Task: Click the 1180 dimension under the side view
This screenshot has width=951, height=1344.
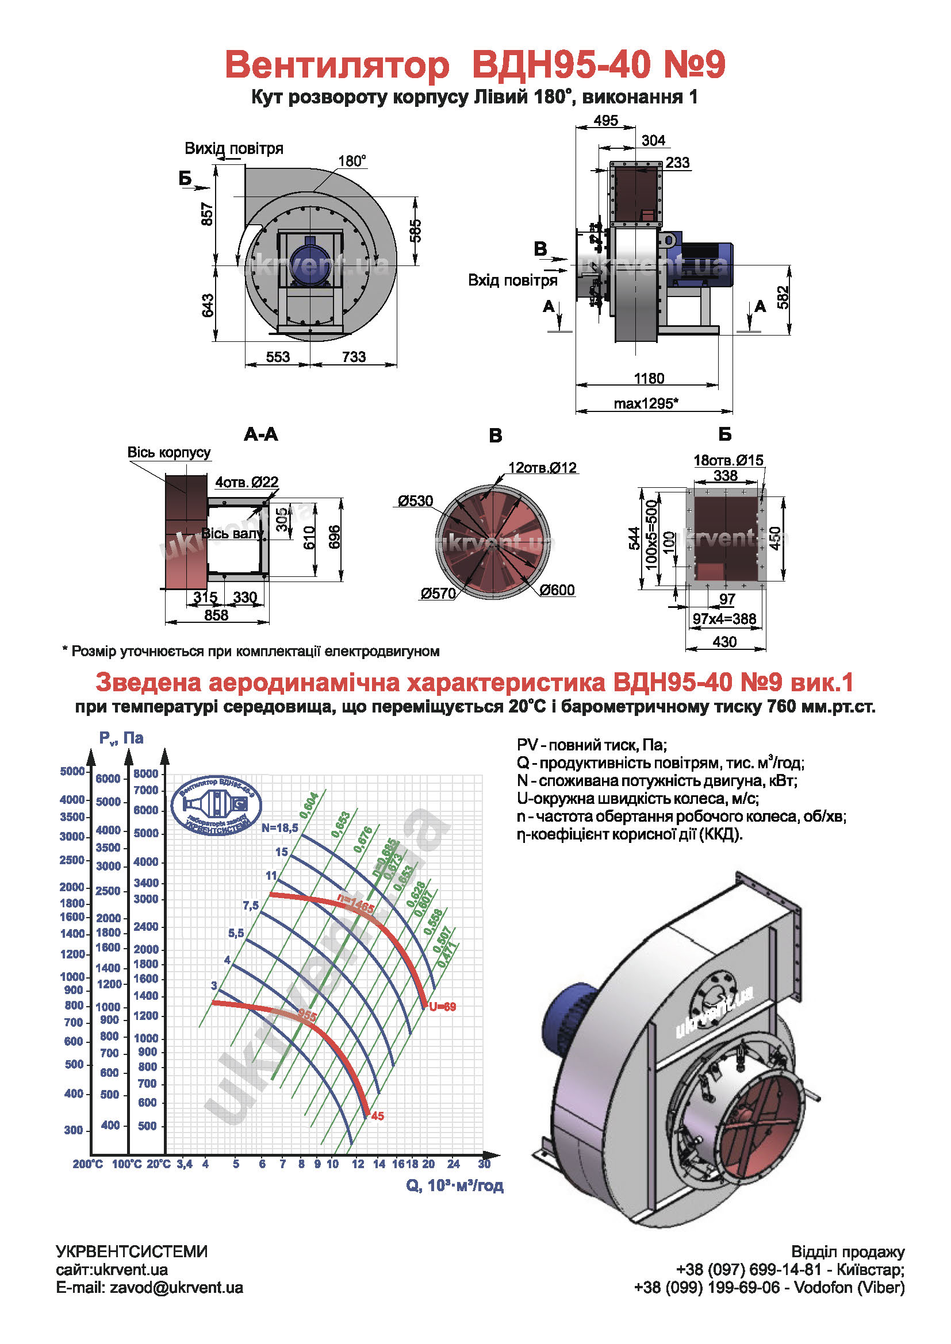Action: point(648,378)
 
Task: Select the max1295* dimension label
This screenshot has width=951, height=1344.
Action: point(646,403)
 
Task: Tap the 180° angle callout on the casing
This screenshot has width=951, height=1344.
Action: point(352,161)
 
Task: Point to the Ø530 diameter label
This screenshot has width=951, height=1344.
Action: point(415,501)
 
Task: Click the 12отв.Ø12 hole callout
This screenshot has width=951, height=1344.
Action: point(542,468)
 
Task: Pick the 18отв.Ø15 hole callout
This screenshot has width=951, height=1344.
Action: point(728,460)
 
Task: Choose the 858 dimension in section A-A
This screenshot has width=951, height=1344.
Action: point(216,615)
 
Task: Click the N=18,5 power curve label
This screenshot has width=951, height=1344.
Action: point(280,827)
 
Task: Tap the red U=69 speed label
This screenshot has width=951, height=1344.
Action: point(442,1007)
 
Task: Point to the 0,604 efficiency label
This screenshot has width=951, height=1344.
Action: point(309,805)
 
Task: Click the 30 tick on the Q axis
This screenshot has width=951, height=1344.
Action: point(484,1164)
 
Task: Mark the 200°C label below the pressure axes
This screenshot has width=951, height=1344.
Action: point(88,1164)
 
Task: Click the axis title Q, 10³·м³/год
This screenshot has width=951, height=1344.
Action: point(454,1185)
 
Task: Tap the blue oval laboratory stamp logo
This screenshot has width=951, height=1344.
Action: point(216,806)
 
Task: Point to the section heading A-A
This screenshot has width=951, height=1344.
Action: point(260,434)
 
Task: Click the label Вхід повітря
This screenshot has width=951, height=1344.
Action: point(512,280)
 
